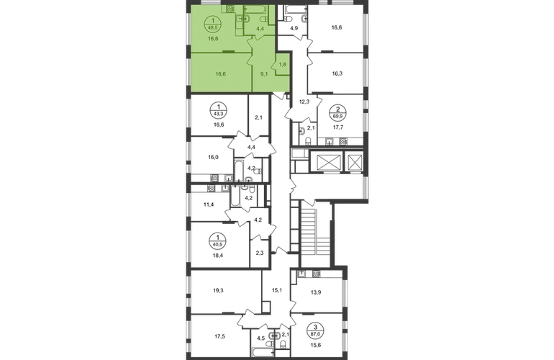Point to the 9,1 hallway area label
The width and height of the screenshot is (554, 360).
[264, 72]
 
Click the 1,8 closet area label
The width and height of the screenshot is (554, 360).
[284, 63]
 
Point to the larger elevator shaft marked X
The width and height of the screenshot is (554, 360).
[327, 163]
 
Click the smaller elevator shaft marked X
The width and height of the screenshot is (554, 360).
[354, 163]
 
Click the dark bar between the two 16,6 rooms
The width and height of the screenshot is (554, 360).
[229, 51]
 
